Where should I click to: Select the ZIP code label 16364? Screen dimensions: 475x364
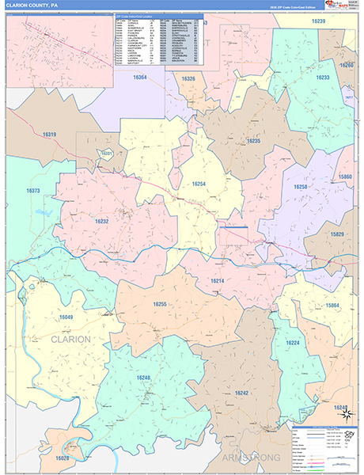click(x=140, y=78)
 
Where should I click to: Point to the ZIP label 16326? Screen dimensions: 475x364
click(x=188, y=79)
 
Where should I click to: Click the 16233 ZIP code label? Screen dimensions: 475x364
click(x=323, y=78)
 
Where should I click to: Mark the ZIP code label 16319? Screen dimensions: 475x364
click(x=49, y=135)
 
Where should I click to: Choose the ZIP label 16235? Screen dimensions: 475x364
click(x=253, y=140)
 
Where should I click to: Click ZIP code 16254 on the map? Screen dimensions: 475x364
click(x=199, y=184)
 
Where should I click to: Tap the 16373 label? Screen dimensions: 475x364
click(x=33, y=191)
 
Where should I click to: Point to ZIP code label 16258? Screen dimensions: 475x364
click(x=300, y=187)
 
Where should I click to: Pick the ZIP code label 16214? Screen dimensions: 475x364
click(x=218, y=281)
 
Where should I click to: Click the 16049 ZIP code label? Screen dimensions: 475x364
click(x=66, y=317)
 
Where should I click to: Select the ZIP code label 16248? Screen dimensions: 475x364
click(x=142, y=378)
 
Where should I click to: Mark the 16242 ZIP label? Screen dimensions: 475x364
click(x=241, y=393)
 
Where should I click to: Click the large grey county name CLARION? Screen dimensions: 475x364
click(x=70, y=339)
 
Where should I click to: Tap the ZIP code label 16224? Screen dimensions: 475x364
click(x=294, y=343)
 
